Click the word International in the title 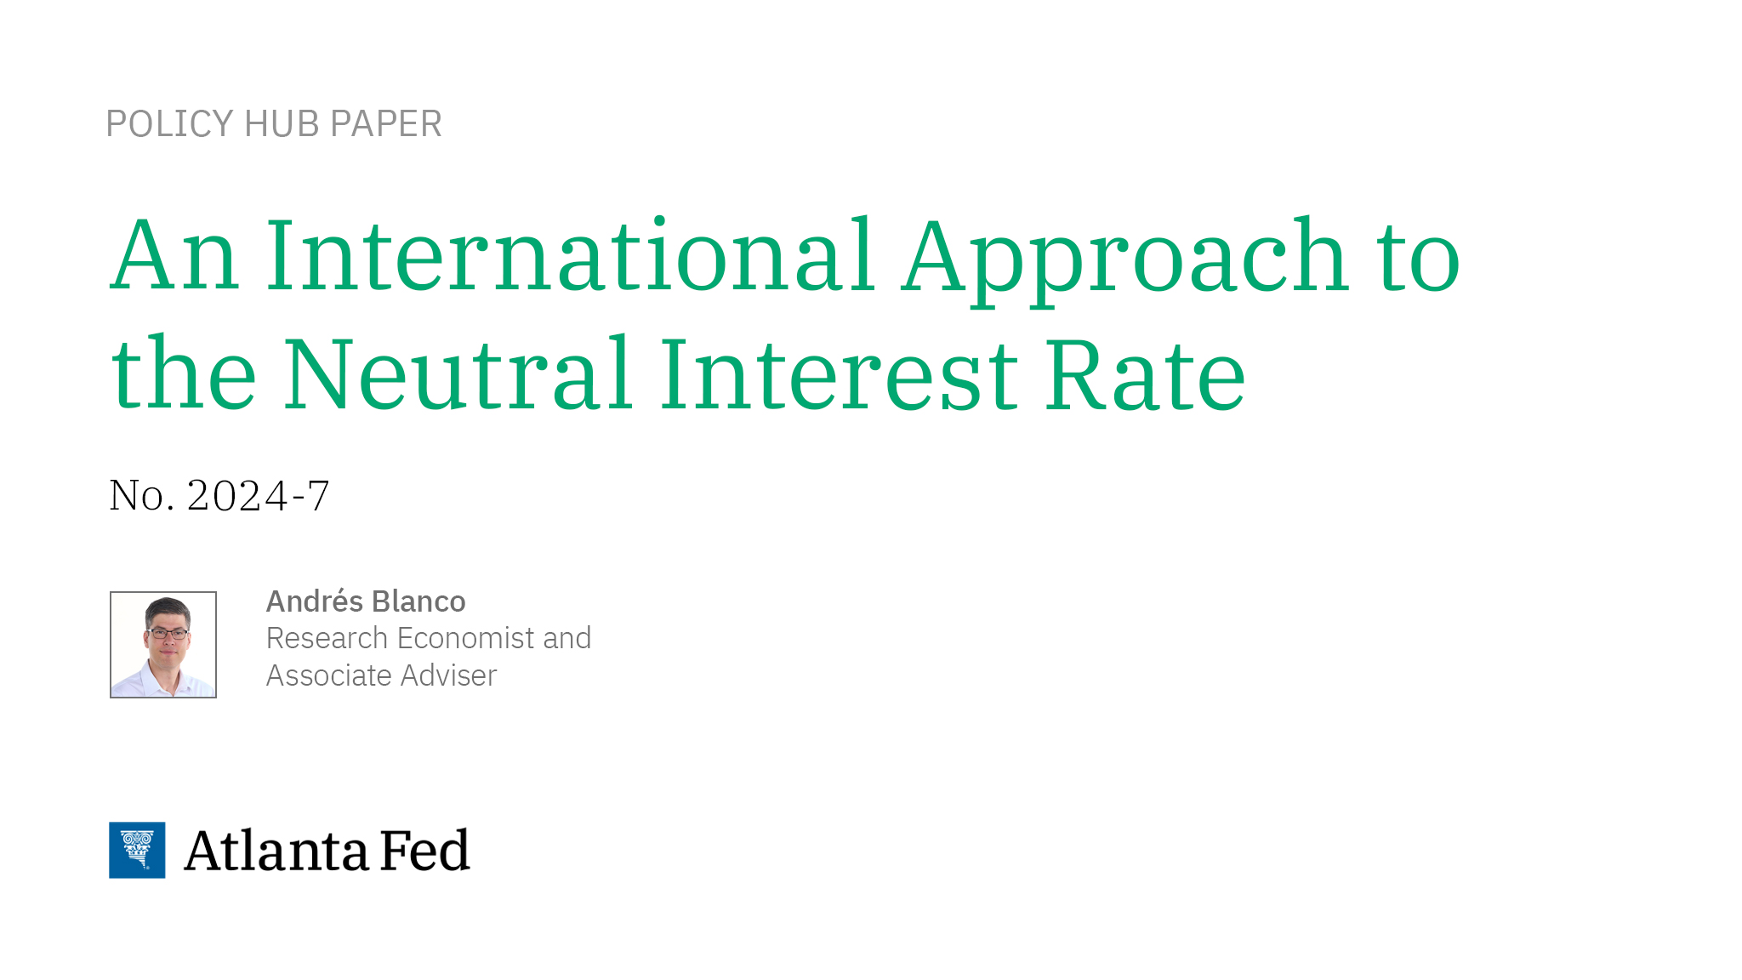(x=571, y=256)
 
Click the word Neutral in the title (x=458, y=375)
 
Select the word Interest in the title (x=838, y=375)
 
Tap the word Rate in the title (x=1145, y=375)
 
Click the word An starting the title (x=174, y=256)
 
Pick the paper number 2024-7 (x=258, y=496)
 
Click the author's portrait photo (x=163, y=645)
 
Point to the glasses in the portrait (x=168, y=633)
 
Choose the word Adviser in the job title (x=448, y=675)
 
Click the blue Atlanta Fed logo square (x=137, y=850)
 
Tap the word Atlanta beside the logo (x=276, y=851)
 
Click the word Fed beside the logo (x=424, y=851)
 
